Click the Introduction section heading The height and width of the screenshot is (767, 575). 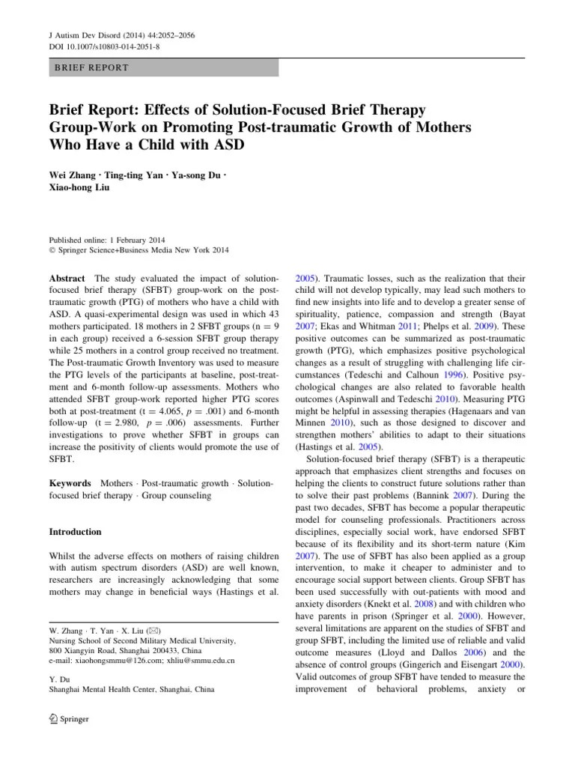tap(75, 532)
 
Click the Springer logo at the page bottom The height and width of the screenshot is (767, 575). tap(68, 719)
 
